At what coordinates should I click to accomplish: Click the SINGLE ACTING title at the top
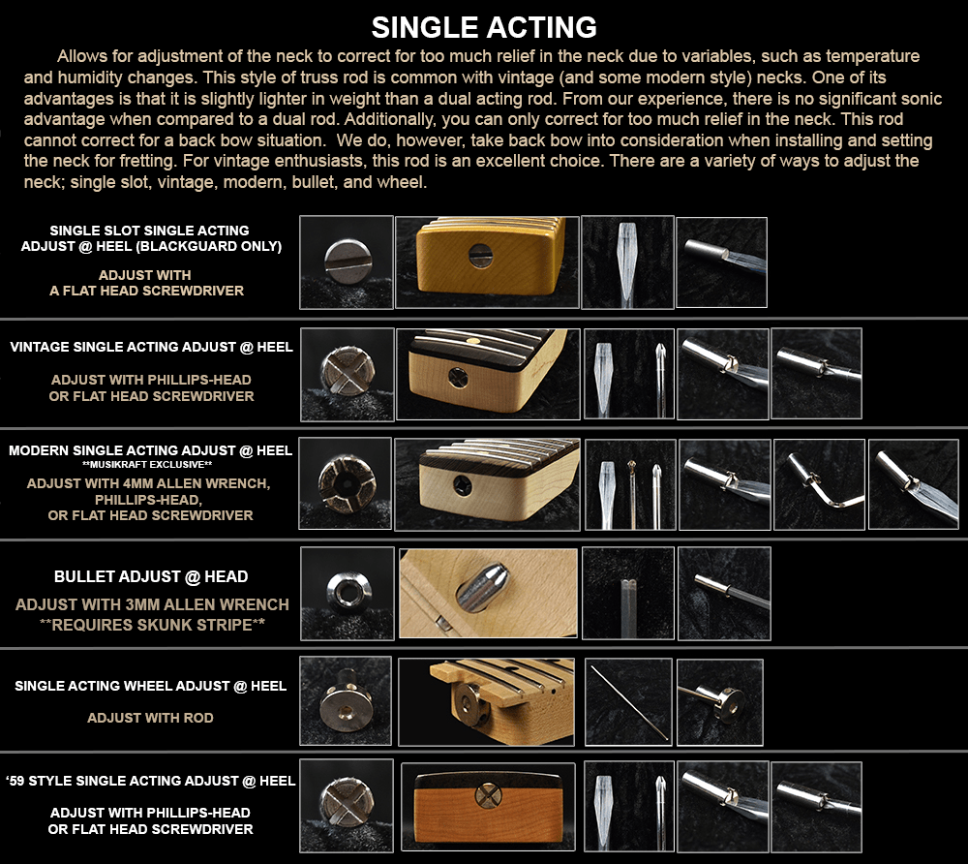tap(484, 28)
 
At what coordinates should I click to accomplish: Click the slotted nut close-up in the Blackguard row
tap(347, 262)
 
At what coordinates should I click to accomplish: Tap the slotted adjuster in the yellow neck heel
tap(480, 255)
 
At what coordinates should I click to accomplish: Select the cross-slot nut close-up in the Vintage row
tap(348, 371)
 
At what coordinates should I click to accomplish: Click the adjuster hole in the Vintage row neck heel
tap(458, 378)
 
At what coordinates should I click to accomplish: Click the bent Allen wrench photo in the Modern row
tap(819, 484)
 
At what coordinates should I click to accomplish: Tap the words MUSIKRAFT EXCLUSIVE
tap(147, 464)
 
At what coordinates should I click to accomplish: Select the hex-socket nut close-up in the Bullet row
tap(348, 593)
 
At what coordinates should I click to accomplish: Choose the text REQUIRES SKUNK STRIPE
tap(152, 625)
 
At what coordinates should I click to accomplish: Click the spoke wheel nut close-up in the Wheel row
tap(347, 700)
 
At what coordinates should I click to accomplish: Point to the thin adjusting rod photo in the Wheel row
tap(628, 701)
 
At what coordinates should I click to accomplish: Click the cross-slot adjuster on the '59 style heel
tap(488, 795)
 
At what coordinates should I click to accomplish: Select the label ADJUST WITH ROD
tap(150, 718)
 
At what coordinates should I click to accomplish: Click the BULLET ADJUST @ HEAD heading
tap(151, 576)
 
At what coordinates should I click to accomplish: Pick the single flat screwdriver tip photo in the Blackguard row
tap(627, 262)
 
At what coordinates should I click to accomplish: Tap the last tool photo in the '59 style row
tap(816, 807)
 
